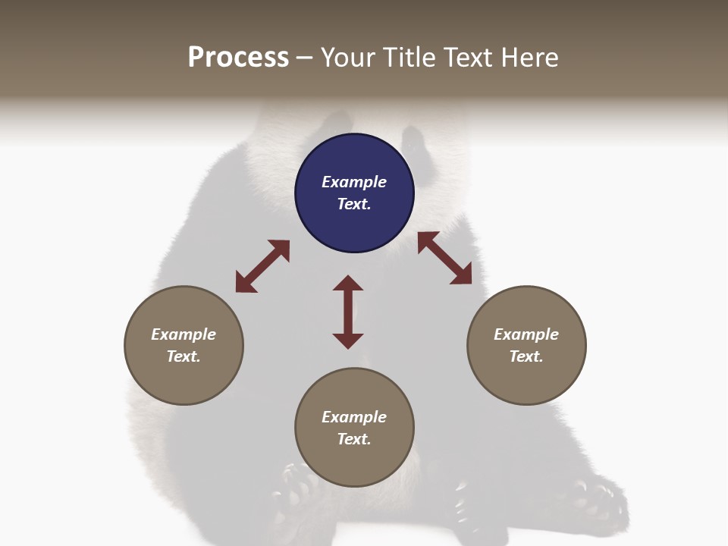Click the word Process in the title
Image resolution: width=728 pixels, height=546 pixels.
[x=238, y=58]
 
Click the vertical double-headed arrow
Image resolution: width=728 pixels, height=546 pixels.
[x=348, y=312]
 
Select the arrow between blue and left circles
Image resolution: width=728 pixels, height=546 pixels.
[x=262, y=266]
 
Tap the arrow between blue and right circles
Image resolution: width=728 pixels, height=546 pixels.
[x=445, y=258]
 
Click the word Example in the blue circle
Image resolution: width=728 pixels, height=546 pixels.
[x=354, y=182]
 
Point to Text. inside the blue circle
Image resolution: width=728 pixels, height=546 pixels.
[x=354, y=204]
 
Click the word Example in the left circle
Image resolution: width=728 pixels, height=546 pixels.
[x=184, y=334]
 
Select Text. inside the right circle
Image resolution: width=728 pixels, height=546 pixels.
[x=526, y=356]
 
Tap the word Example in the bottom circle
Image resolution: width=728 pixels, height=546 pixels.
[x=354, y=417]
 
